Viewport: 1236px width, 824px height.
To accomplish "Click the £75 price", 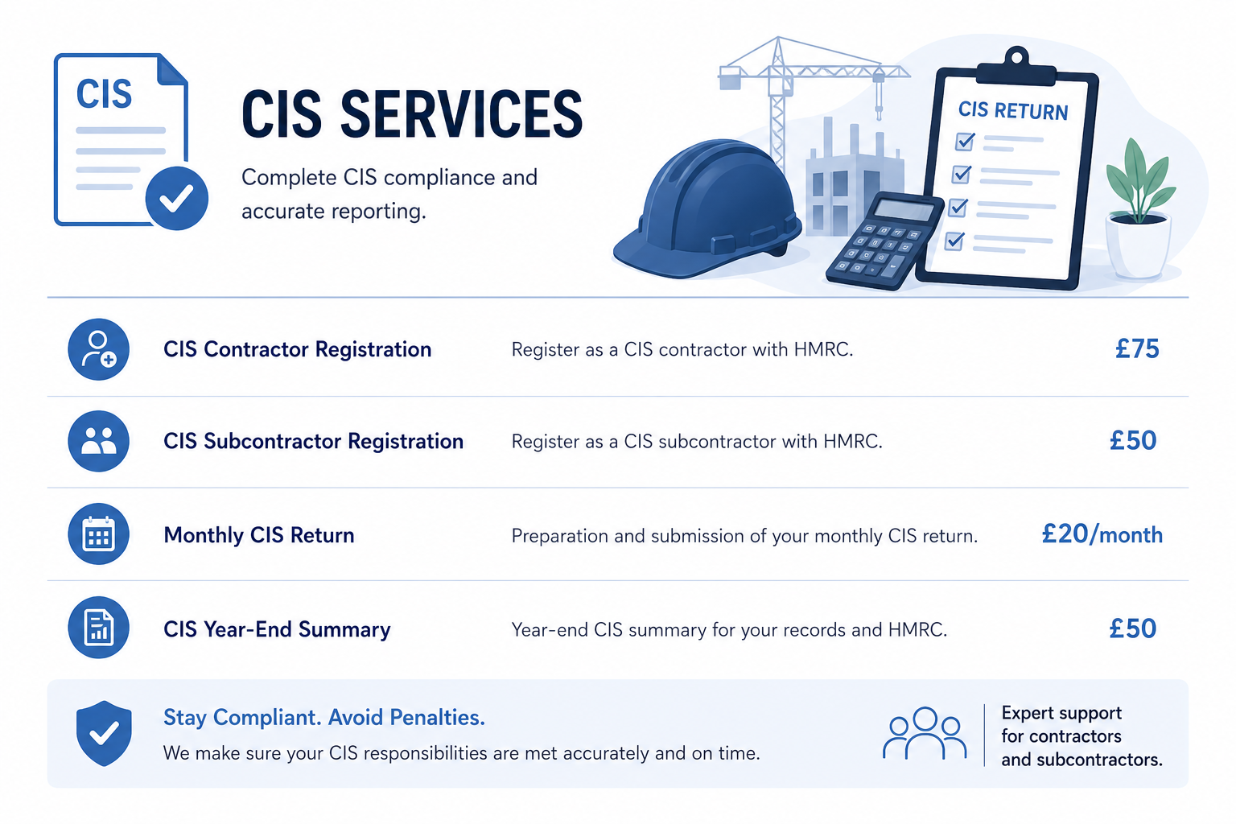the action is [1137, 348].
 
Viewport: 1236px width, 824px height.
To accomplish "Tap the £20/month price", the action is [1102, 534].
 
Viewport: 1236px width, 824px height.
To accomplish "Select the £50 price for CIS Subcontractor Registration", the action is [1133, 440].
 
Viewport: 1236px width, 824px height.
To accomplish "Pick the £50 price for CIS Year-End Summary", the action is [1133, 628].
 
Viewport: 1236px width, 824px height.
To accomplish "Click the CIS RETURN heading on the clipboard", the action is [1013, 110].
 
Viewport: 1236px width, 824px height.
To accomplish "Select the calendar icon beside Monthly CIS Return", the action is [99, 534].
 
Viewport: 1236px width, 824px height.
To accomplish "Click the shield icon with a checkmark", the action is [104, 734].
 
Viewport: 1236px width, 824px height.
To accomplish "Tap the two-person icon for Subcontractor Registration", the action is [99, 441].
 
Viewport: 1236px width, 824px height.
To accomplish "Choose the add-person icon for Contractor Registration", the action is [99, 349].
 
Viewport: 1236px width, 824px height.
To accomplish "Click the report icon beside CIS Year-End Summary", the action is [99, 628].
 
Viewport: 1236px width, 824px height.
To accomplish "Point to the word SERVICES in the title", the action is [461, 114].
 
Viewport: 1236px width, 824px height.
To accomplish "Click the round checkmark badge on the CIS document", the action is [176, 198].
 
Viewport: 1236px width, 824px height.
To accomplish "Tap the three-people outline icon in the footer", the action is [925, 733].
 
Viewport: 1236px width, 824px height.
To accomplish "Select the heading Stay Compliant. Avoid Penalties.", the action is [324, 718].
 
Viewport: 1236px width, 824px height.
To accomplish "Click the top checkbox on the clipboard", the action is [965, 142].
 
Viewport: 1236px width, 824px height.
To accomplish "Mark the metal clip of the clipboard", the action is [1016, 68].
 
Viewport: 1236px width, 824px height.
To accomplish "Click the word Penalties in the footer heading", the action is [437, 718].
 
